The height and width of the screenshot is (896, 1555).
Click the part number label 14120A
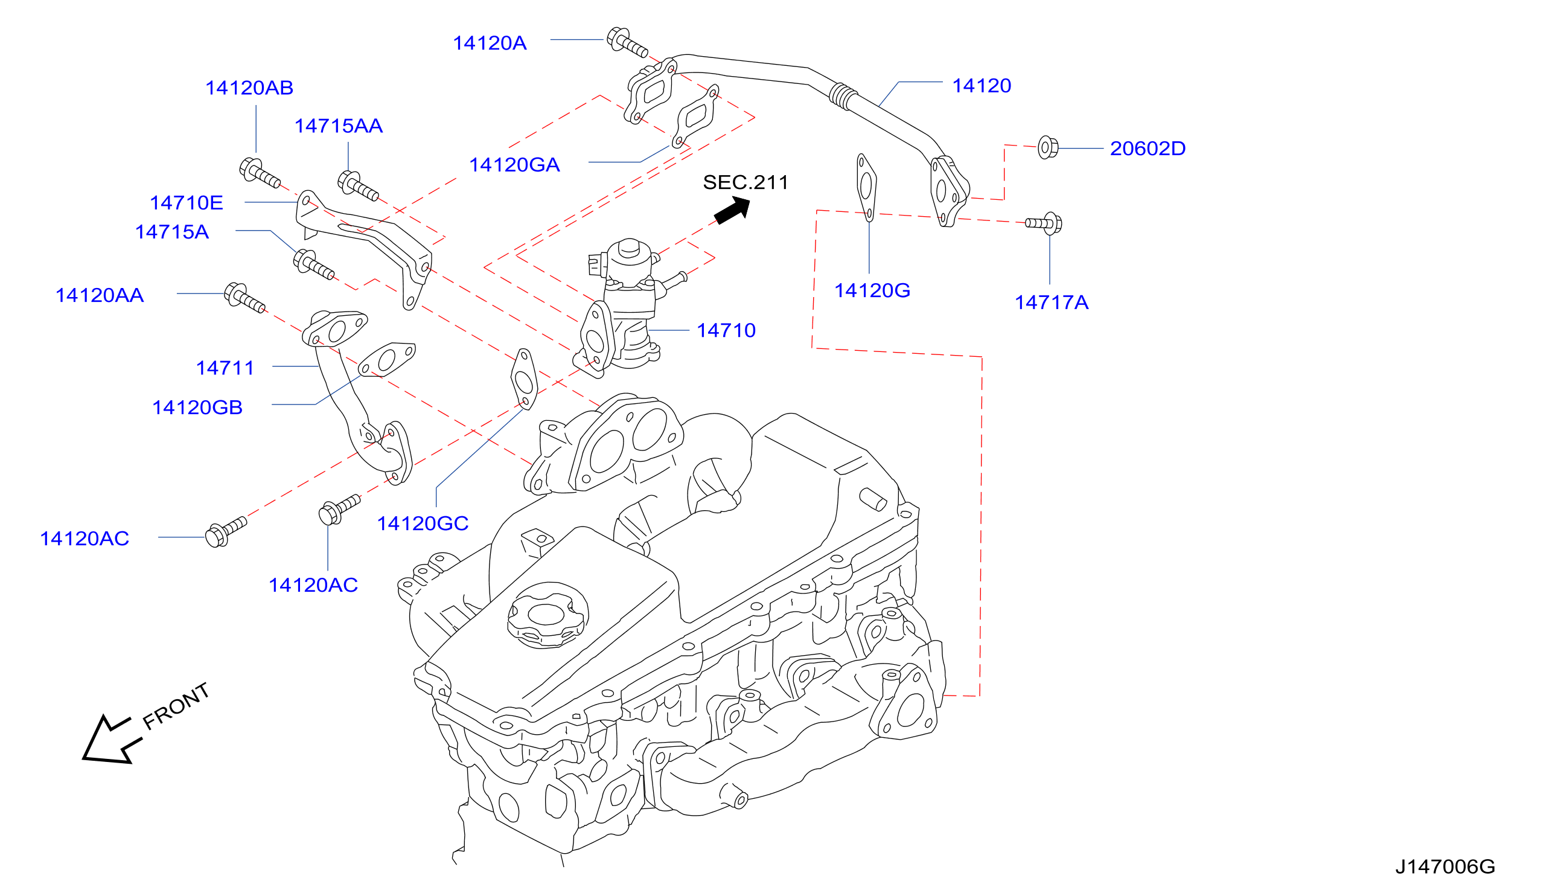coord(490,43)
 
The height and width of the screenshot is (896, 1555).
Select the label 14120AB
coord(249,88)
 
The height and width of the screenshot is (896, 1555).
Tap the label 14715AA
coord(338,126)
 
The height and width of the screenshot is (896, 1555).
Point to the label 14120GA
coord(514,165)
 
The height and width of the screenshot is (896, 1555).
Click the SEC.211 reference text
coord(746,182)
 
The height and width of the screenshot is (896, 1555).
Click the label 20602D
coord(1148,149)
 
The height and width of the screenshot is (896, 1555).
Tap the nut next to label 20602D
coord(1047,147)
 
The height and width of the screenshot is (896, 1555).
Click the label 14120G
coord(872,290)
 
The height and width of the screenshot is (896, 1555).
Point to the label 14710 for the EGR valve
coord(726,330)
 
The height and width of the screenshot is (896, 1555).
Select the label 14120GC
coord(423,523)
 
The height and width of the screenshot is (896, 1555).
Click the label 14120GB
coord(197,408)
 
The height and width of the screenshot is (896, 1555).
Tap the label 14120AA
coord(100,295)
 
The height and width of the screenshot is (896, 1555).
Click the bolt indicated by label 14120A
coord(627,42)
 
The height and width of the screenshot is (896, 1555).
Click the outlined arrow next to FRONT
coord(111,740)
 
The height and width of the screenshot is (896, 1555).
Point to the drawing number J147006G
coord(1445,867)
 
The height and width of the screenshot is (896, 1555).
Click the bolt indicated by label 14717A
coord(1044,223)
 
